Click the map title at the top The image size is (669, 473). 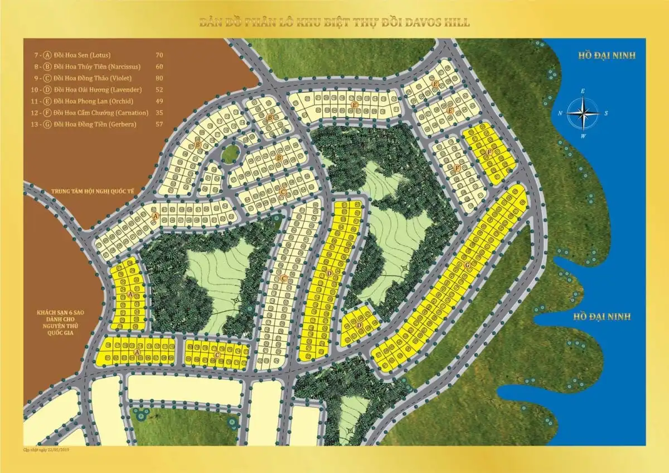(334, 23)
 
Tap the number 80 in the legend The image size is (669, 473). (159, 78)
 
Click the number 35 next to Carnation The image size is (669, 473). (159, 113)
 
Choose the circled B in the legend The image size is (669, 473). (47, 66)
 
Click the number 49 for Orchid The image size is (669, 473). (159, 101)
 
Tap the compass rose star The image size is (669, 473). (583, 112)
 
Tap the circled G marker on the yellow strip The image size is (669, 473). (467, 265)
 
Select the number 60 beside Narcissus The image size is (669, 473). (159, 66)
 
